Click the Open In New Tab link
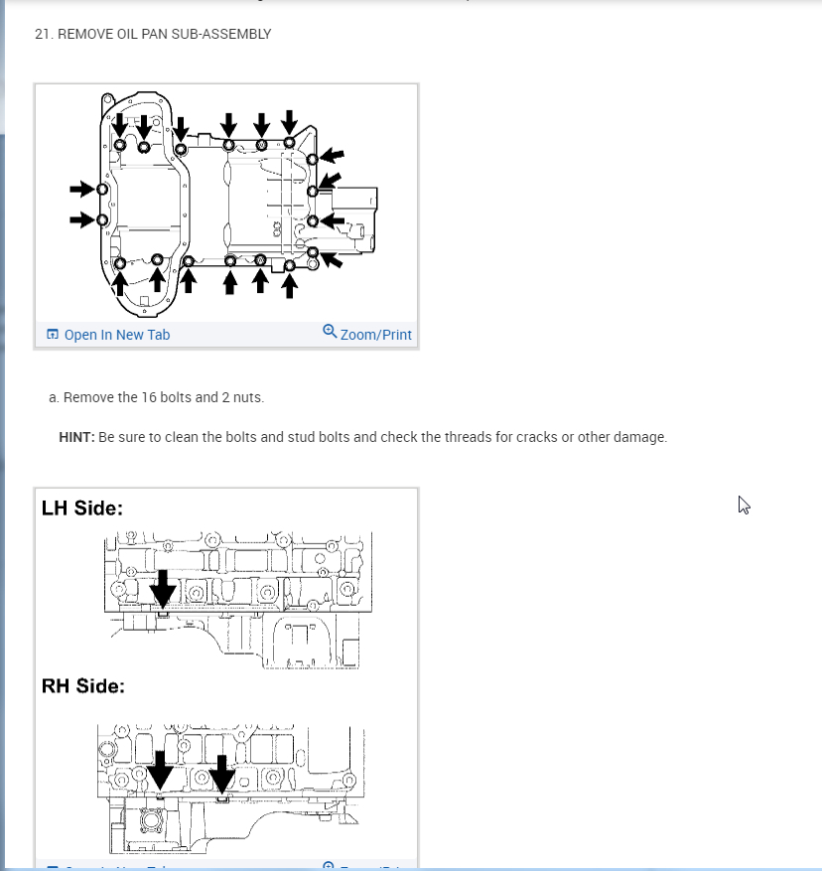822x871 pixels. pos(116,335)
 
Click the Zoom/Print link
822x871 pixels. pos(375,335)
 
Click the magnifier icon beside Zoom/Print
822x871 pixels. pos(330,332)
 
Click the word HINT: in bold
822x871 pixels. pos(76,437)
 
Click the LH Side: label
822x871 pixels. pos(82,508)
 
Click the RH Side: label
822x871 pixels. pos(83,685)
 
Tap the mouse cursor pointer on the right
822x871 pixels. pos(744,505)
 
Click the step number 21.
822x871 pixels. pos(43,34)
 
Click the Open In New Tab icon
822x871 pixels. pos(53,335)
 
